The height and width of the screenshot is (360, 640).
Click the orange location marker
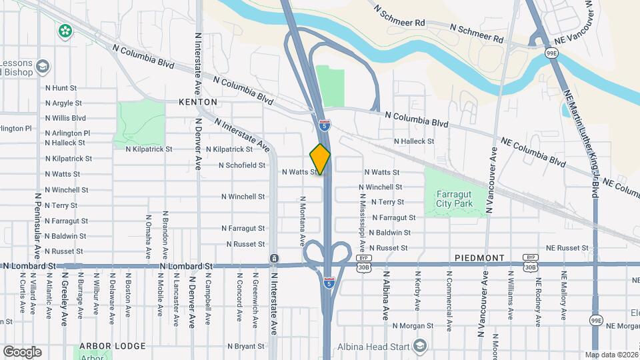tap(320, 159)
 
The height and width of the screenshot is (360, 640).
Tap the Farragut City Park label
tap(454, 199)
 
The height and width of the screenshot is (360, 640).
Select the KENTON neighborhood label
tap(198, 102)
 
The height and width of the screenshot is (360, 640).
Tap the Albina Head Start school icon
tap(419, 345)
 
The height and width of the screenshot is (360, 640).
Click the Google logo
tap(22, 351)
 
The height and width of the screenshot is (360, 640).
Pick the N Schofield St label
tap(243, 165)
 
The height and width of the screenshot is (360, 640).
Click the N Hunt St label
tap(61, 87)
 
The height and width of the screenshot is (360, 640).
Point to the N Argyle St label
tap(63, 103)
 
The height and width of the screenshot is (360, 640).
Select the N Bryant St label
tap(246, 347)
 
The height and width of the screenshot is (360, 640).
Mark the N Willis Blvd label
tap(65, 118)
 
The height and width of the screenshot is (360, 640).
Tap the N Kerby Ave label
tap(417, 291)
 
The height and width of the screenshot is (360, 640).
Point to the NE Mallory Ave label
tap(563, 294)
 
